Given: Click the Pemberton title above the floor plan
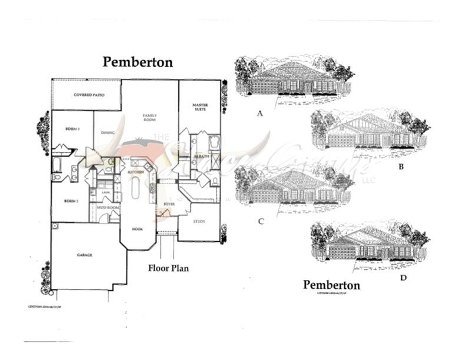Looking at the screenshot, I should [138, 62].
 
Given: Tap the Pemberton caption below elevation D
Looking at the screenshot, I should [331, 285].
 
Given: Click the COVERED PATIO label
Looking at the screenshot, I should [89, 95].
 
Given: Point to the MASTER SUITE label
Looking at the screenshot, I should [201, 107].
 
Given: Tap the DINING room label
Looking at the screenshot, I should [108, 132].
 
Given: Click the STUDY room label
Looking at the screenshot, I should [199, 221].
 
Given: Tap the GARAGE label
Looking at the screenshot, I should [85, 255].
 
